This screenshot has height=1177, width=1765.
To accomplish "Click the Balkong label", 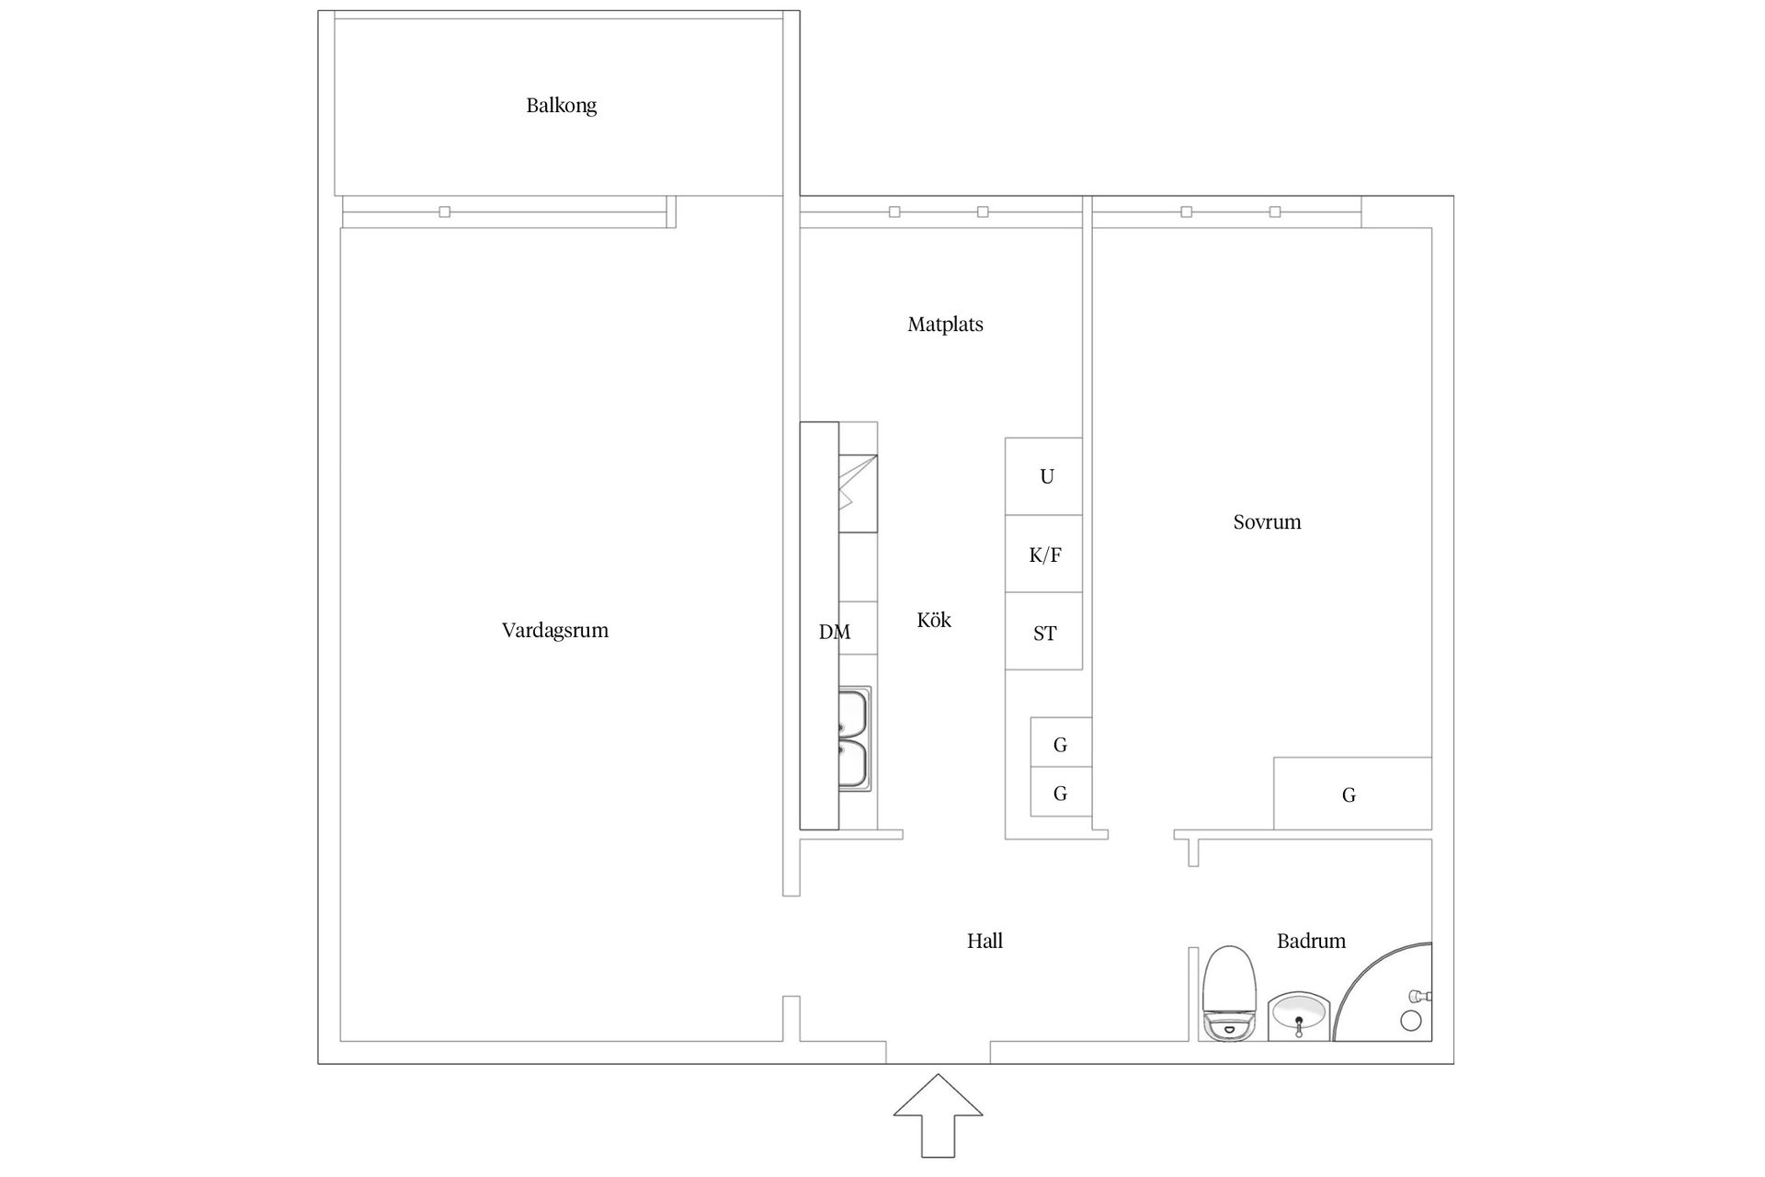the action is pos(561,106).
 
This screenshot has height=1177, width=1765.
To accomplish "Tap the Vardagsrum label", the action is pos(555,631).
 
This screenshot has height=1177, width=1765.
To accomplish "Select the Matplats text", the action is pos(945,325).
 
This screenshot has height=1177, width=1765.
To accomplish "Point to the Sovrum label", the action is pos(1267,522).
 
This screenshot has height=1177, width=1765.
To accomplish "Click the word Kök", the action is pos(934,620).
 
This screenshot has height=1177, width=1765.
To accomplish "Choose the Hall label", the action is pos(985,941).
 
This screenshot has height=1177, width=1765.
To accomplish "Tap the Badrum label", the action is pos(1311,941).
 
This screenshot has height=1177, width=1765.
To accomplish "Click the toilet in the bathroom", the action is pos(1229,993).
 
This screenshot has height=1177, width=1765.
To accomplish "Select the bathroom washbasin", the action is pos(1298,1016).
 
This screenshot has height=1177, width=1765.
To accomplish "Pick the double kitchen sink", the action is pos(855,737).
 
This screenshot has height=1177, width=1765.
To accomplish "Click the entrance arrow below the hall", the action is pos(938,1115).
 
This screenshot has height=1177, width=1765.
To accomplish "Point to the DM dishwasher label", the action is pos(835,633).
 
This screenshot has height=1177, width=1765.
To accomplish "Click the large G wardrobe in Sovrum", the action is pos(1352,794).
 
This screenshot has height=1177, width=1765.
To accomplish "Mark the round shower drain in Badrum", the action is pos(1410,1021).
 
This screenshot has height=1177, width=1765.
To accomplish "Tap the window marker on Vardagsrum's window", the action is pos(445,212).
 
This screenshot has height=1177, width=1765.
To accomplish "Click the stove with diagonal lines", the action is pos(858,494).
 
